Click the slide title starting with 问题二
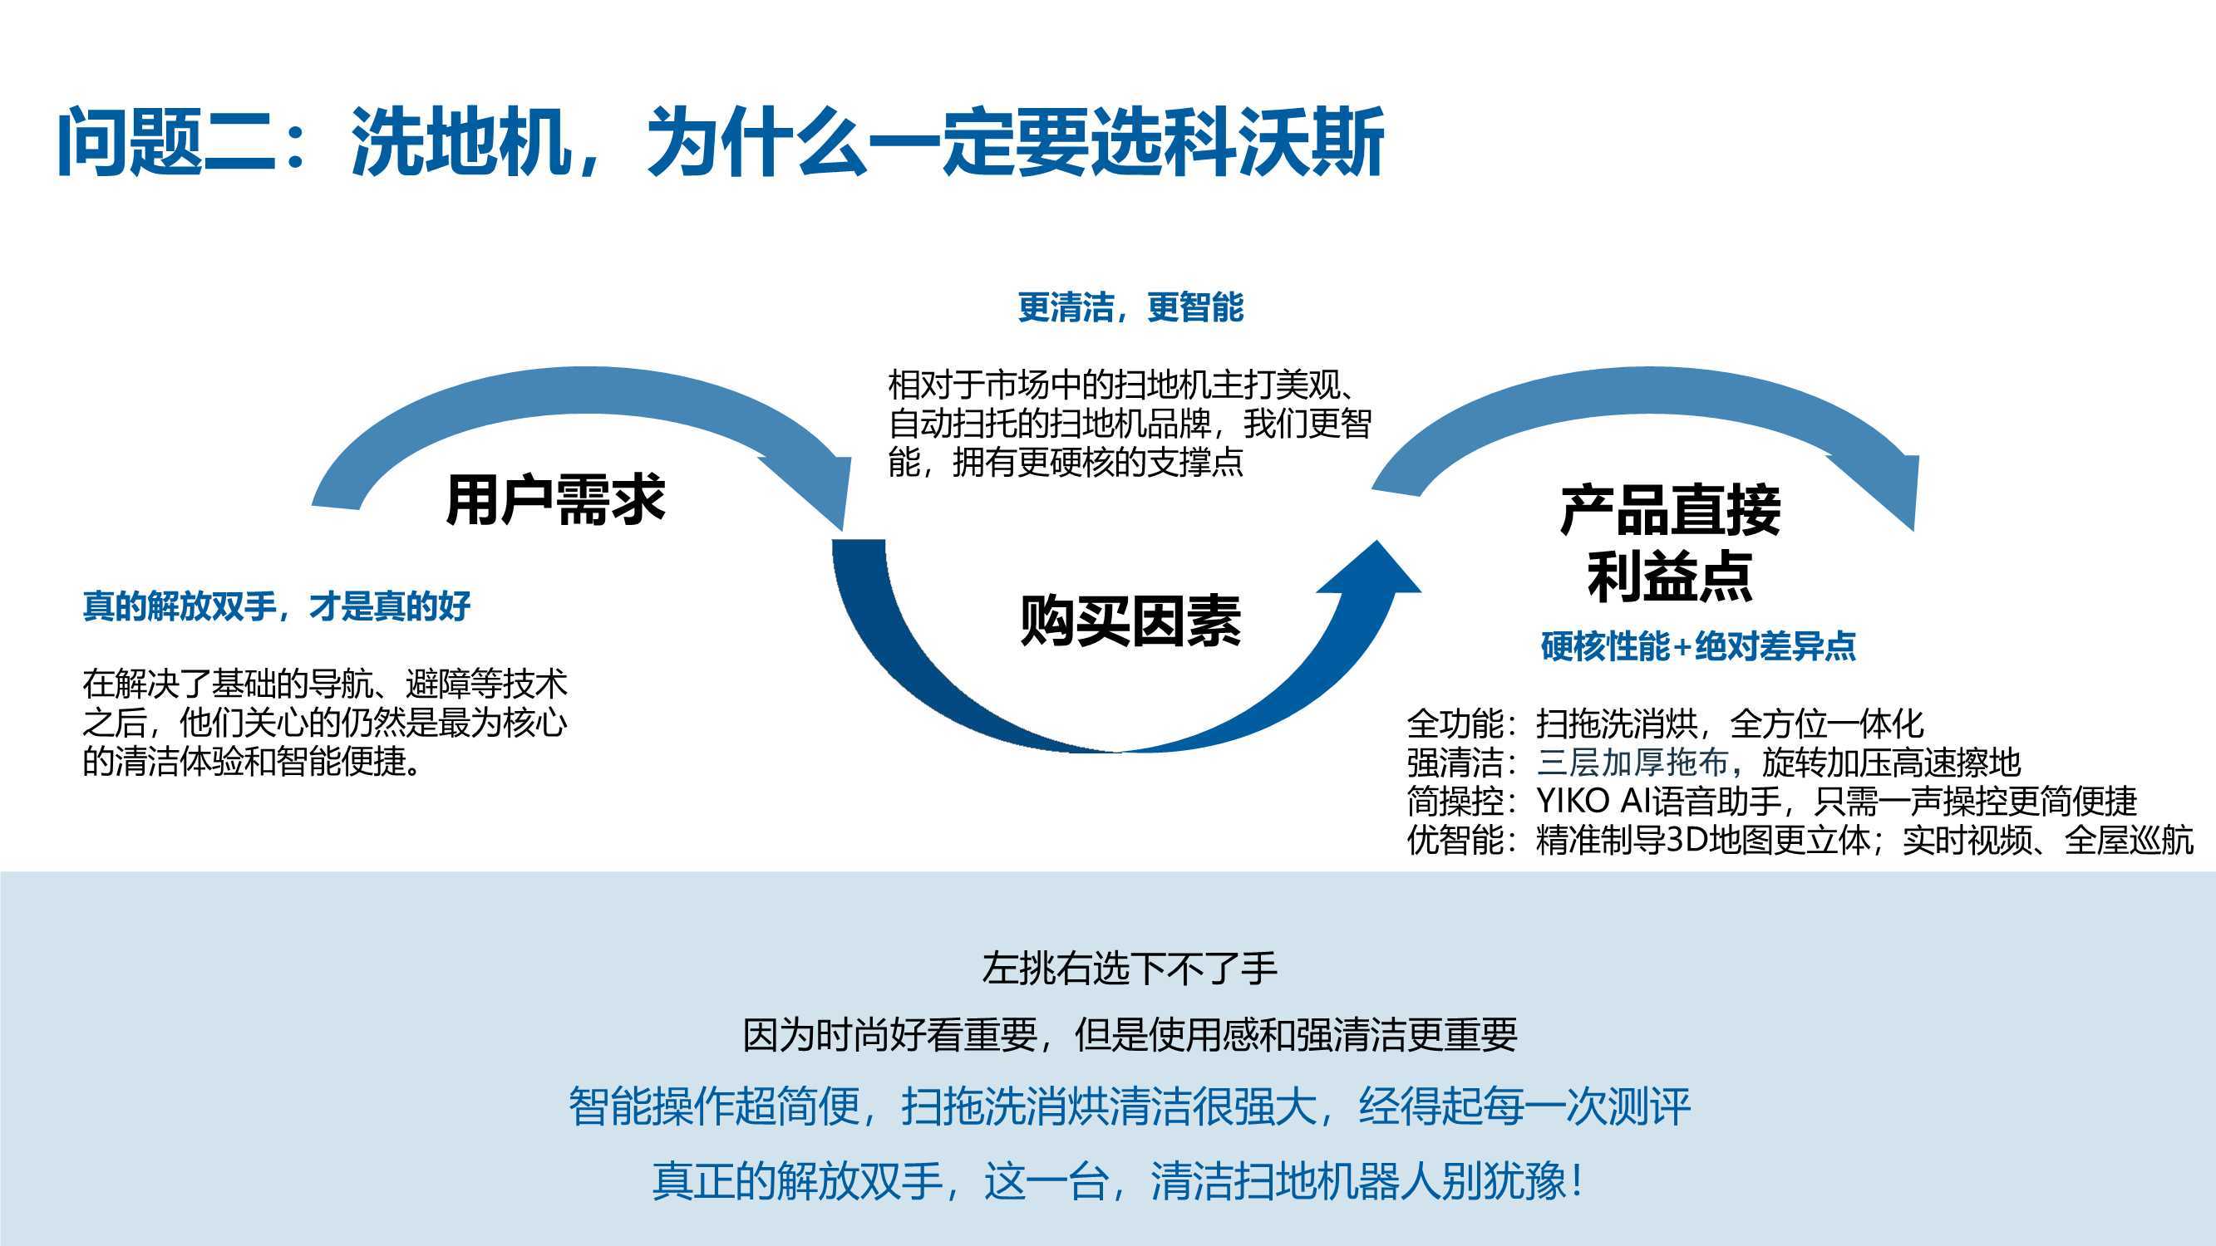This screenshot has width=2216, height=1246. pos(720,141)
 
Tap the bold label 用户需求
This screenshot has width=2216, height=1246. pos(555,499)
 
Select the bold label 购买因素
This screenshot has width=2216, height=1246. pos(1130,621)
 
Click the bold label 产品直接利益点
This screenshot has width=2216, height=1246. pos(1670,543)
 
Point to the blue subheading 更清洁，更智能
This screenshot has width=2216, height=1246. pos(1130,307)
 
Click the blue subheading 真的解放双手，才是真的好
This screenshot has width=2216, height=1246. pos(276,606)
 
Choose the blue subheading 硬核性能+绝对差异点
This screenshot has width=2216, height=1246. pos(1698,645)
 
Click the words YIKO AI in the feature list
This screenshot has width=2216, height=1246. pos(1584,801)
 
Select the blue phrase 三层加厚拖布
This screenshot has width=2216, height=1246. pos(1632,762)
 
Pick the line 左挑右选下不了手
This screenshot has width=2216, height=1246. pos(1130,969)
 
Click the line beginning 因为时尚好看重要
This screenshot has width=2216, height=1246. pos(1130,1034)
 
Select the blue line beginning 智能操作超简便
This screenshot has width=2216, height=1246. pos(1130,1106)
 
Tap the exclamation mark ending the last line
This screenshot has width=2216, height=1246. pos(1576,1180)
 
